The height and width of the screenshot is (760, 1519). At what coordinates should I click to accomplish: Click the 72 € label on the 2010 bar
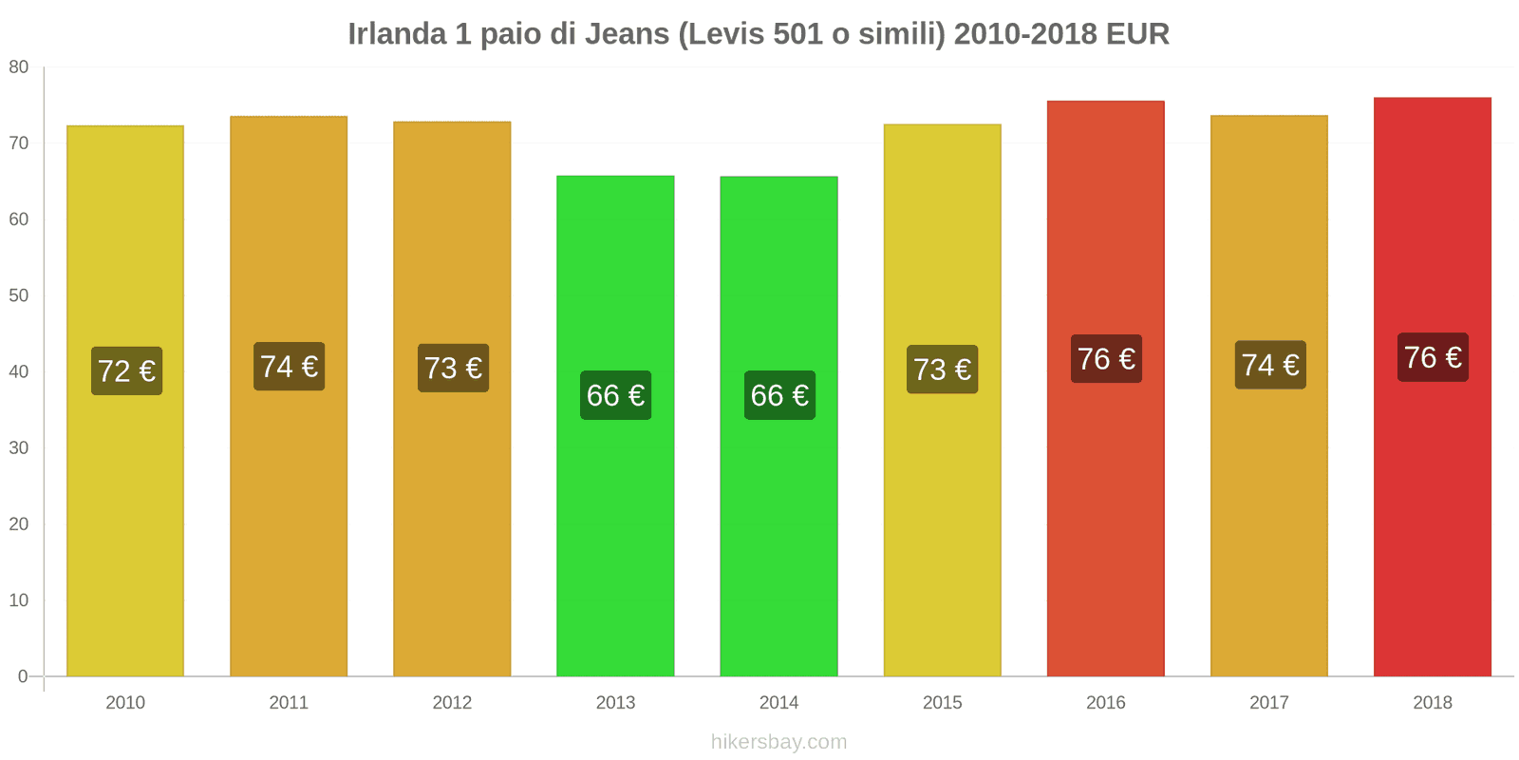point(126,370)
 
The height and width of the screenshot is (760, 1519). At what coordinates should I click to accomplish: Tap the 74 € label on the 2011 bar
point(289,367)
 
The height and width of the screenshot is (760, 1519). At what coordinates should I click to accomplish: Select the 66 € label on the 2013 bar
point(615,395)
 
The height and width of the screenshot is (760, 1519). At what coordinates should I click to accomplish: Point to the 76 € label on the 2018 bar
point(1433,357)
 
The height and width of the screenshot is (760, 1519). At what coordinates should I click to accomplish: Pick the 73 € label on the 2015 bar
point(942,370)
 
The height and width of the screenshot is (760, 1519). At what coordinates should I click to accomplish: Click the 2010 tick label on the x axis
point(125,703)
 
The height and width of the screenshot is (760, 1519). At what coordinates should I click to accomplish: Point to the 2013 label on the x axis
point(615,703)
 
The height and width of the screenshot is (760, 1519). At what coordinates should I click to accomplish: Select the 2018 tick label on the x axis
point(1432,703)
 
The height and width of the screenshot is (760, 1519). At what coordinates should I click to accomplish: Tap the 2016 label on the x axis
point(1105,703)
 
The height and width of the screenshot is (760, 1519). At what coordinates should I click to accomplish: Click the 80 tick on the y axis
point(19,67)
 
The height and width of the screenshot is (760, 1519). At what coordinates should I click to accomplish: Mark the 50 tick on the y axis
point(19,295)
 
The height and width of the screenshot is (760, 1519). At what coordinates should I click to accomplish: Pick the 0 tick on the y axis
point(23,676)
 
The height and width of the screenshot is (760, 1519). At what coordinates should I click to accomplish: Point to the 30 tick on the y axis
point(19,448)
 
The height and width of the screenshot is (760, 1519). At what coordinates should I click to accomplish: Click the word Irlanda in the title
point(397,34)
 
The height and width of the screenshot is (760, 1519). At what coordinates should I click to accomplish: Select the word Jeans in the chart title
point(627,34)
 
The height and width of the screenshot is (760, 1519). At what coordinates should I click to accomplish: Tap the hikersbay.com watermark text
point(778,742)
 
